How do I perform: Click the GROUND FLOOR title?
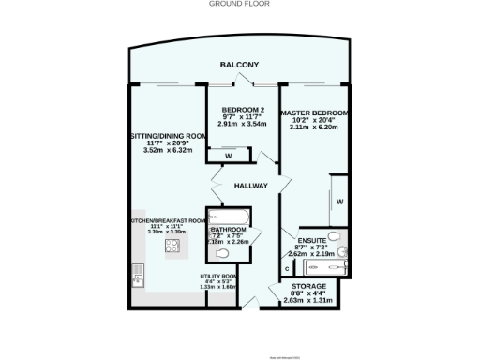coord(239,4)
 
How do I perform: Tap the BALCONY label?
coord(240,65)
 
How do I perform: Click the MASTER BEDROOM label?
coord(314,113)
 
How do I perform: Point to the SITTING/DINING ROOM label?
coord(166,136)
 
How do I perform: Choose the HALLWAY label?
coord(252,185)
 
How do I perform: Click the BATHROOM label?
coord(227,229)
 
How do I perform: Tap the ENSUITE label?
coord(311,240)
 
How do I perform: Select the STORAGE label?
coord(308,285)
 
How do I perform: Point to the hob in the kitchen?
coord(172,247)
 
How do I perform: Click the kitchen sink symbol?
coord(137,275)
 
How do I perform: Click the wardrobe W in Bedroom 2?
coord(229,156)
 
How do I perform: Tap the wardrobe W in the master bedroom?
coord(340,202)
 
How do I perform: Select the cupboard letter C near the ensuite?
coord(287,270)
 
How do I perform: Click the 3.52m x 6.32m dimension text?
coord(166,150)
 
